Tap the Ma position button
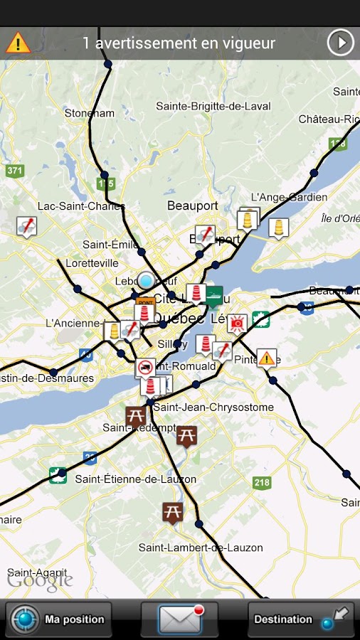point(59,619)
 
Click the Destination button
point(301,619)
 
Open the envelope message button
point(179,619)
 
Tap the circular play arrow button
point(340,43)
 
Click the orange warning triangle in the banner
point(18,43)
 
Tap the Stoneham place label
point(89,113)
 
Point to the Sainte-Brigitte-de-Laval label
point(213,106)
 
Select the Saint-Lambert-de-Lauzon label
point(201,548)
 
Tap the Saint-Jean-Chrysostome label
point(213,407)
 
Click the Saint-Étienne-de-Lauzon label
point(135,479)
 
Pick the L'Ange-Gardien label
point(289,197)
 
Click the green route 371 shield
point(14,171)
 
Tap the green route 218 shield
point(262,483)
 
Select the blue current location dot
point(146,281)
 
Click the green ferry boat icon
point(213,294)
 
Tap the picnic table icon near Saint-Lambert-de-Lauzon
point(172,511)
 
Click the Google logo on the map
point(40,580)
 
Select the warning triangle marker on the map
point(267,358)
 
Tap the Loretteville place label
point(92,262)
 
